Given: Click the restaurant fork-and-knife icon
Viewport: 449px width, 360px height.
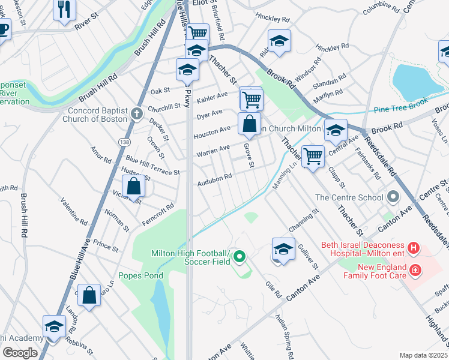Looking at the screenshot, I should point(65,9).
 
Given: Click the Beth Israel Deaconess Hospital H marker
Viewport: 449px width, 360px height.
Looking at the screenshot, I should point(413,247).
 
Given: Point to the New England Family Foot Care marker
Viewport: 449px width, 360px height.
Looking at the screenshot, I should point(414,271).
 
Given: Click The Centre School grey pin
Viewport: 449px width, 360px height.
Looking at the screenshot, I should point(393,197).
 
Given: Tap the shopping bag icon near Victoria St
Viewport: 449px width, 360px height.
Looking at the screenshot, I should point(134,187).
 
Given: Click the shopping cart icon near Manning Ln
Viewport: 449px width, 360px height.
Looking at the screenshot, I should point(313,157).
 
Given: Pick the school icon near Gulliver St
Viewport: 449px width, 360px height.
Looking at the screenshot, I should point(283,249).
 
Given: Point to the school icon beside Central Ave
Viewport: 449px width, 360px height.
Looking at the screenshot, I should point(336,129).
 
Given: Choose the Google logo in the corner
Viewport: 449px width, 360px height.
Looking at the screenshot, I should point(19,353).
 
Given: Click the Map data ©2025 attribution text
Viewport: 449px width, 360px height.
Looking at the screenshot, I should point(423,355).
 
